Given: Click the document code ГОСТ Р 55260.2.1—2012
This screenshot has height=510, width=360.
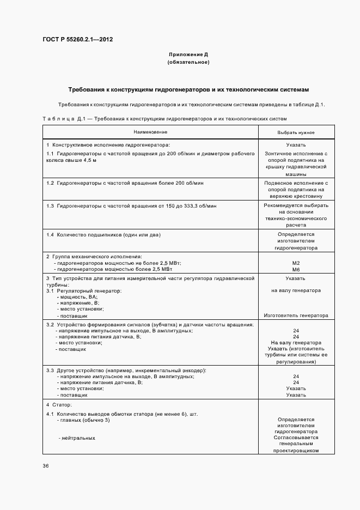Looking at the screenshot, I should pyautogui.click(x=77, y=40).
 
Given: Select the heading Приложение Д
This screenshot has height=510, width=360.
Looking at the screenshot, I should pyautogui.click(x=188, y=55).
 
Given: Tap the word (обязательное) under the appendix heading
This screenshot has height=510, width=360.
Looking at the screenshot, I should pyautogui.click(x=188, y=63).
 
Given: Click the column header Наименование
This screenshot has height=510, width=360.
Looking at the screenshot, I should pyautogui.click(x=150, y=132).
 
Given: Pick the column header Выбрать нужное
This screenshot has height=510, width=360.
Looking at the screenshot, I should pyautogui.click(x=296, y=132).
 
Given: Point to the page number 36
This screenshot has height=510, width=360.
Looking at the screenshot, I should pyautogui.click(x=46, y=466).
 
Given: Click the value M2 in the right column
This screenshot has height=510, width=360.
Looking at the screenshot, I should pyautogui.click(x=296, y=263).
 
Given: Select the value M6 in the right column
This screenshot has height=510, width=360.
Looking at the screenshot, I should pyautogui.click(x=296, y=269).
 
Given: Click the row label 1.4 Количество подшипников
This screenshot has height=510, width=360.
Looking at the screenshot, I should pyautogui.click(x=103, y=234).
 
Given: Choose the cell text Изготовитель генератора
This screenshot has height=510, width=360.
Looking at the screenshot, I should pyautogui.click(x=296, y=315).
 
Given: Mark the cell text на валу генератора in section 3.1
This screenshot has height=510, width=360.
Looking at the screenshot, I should pyautogui.click(x=296, y=290).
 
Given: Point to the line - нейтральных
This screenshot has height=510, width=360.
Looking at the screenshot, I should pyautogui.click(x=77, y=438).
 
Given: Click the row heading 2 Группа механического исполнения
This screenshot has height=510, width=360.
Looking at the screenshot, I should pyautogui.click(x=94, y=256).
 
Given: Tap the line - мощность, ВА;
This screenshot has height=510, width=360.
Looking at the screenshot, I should pyautogui.click(x=77, y=297).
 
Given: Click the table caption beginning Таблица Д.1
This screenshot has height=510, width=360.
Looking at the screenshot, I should pyautogui.click(x=164, y=118).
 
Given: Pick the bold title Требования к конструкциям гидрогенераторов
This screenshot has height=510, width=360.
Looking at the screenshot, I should pyautogui.click(x=188, y=89).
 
